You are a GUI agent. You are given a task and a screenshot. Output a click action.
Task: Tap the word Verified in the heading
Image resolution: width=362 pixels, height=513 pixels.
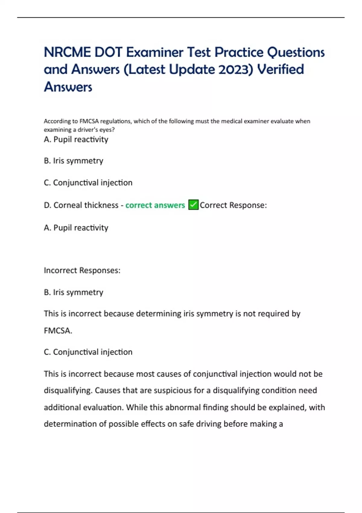point(281,69)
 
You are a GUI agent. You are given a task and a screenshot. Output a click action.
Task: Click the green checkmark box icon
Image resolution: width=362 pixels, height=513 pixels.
point(193,205)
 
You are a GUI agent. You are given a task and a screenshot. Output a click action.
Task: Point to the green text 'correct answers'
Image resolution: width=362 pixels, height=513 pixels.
point(155,205)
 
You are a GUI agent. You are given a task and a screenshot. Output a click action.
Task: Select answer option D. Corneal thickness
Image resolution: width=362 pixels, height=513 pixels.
point(81,205)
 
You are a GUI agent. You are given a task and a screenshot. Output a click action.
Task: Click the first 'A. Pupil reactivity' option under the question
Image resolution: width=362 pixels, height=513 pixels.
point(76,139)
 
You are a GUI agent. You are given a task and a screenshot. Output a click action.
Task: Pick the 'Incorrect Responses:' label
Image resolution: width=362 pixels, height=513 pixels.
point(82,270)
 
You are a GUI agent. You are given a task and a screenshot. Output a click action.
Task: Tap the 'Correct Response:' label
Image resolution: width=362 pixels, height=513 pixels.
point(233,205)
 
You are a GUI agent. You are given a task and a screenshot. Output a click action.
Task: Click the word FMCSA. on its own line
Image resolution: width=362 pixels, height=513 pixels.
point(58,331)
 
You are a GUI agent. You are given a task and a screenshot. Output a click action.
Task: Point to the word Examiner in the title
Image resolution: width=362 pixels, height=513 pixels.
point(154,52)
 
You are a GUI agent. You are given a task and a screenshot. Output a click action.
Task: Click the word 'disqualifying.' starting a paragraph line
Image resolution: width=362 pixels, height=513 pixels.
point(68,390)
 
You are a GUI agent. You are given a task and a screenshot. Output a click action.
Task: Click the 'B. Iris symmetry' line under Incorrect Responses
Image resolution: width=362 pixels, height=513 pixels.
point(74,292)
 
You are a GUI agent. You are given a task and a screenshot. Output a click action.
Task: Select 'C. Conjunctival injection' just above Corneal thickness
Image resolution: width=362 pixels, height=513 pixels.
point(88,183)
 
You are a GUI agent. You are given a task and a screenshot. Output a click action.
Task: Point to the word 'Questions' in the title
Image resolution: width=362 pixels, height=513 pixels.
point(296,52)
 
